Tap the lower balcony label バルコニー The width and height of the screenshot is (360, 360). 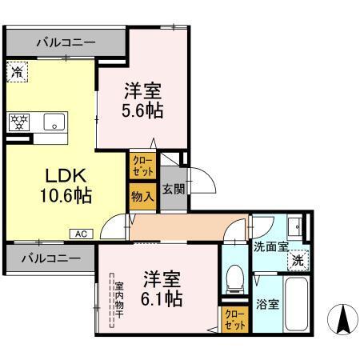pos(50,259)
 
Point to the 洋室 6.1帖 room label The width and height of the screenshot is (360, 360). pos(163,289)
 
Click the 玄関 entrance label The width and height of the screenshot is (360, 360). pos(174,190)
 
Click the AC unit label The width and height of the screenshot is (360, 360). pos(82,234)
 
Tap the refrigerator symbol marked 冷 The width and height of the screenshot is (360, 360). pos(18,72)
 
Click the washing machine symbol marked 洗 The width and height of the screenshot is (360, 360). pos(297,260)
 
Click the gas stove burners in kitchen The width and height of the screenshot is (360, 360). pos(19,122)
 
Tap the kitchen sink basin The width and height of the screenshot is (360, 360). pos(54,123)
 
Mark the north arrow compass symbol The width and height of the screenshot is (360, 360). pos(342,320)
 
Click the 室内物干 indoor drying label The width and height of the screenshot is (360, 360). pos(118,299)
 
